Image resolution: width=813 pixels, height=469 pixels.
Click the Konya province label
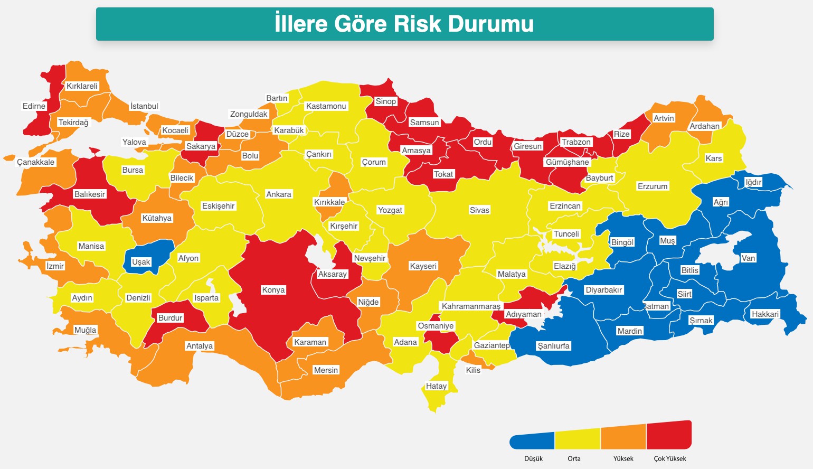tap(273, 290)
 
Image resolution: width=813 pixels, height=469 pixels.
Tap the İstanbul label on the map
tap(144, 106)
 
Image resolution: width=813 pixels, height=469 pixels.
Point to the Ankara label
tap(279, 194)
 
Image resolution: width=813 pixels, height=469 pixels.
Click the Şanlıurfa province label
tap(553, 346)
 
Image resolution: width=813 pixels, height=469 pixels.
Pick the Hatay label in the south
tap(436, 386)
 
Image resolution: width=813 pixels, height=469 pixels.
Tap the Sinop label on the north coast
tap(385, 101)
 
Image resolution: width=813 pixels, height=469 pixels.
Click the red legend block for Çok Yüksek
tap(669, 436)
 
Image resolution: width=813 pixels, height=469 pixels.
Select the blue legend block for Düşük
tap(532, 441)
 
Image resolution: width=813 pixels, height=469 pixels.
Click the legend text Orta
tap(574, 458)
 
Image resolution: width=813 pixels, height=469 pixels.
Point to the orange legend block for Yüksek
tap(623, 438)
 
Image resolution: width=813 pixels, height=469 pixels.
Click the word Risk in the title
tap(420, 24)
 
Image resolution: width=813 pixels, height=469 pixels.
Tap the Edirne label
tap(34, 106)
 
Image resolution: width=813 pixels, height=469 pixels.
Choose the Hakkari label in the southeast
tap(765, 314)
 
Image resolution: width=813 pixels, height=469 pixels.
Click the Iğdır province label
tap(753, 182)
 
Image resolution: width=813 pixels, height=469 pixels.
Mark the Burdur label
tap(170, 318)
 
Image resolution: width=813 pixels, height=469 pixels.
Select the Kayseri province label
tap(423, 266)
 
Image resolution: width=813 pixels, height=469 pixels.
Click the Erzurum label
tap(653, 186)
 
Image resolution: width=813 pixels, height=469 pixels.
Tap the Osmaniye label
tap(436, 326)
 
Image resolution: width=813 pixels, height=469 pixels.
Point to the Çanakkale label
tap(35, 162)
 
